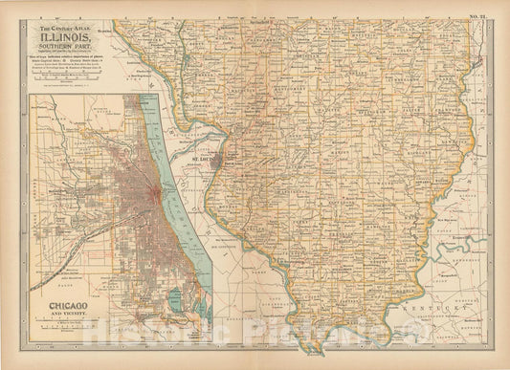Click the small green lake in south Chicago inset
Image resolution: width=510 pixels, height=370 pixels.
pyautogui.click(x=151, y=304)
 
